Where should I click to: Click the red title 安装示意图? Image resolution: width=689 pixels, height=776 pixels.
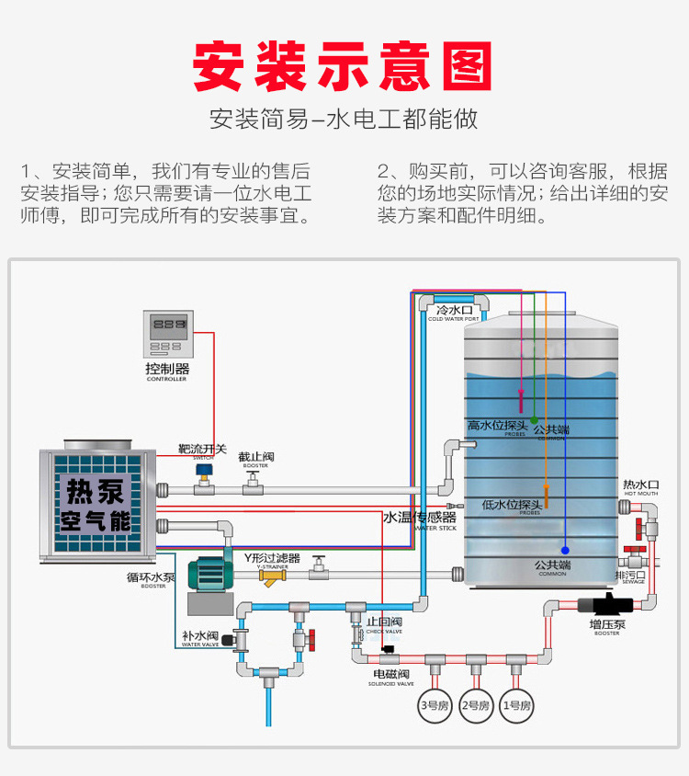pyautogui.click(x=344, y=65)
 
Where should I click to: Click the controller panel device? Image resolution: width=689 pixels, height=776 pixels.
pyautogui.click(x=168, y=334)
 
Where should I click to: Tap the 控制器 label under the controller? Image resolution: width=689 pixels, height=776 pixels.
pyautogui.click(x=166, y=369)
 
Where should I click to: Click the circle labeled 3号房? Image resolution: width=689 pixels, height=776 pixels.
pyautogui.click(x=433, y=705)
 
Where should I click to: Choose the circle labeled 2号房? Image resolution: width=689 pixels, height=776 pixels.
pyautogui.click(x=475, y=705)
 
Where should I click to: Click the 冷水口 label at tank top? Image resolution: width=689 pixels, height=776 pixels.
pyautogui.click(x=454, y=311)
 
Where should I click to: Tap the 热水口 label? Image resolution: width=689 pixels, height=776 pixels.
pyautogui.click(x=640, y=485)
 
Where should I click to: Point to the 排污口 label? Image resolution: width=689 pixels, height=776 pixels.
pyautogui.click(x=630, y=575)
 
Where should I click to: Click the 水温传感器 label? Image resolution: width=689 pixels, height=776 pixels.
pyautogui.click(x=419, y=518)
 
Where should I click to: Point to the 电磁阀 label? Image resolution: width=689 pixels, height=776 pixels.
pyautogui.click(x=391, y=675)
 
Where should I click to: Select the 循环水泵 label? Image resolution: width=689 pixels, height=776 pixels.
pyautogui.click(x=151, y=577)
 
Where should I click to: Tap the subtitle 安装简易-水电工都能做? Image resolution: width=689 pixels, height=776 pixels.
pyautogui.click(x=344, y=120)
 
